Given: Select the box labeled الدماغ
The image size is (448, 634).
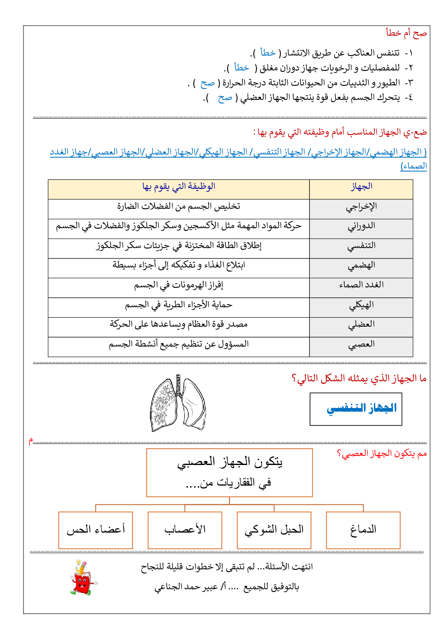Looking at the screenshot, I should coord(363,530).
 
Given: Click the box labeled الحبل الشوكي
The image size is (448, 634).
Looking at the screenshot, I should coord(274,530).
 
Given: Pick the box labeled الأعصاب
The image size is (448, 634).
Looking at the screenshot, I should coord(185,530).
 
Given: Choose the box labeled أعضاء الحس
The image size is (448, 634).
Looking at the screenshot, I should coord(96,530).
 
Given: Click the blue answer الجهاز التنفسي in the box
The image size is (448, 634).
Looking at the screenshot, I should coord(361,409).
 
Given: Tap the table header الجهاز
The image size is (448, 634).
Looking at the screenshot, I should coord(361,187).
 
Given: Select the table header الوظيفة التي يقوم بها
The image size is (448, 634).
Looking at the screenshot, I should coord(179,187).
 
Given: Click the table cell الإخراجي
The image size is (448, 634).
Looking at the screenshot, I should coord(361,207).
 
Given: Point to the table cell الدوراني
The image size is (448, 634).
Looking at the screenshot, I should coord(361,226).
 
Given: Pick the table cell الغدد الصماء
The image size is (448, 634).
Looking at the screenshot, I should coord(361,285).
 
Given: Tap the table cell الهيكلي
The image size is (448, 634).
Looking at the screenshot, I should coord(361,305).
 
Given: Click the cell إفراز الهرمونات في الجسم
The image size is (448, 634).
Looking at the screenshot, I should coord(179,285).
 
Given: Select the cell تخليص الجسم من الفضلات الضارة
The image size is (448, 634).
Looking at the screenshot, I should coord(179,207).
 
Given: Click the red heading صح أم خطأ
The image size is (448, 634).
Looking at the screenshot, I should coord(406,33).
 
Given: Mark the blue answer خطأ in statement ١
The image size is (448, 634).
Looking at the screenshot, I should coord(268,53).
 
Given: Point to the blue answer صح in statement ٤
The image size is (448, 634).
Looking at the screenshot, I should coord(225,98).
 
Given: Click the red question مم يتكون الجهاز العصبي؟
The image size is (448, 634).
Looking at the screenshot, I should coord(382,454).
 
